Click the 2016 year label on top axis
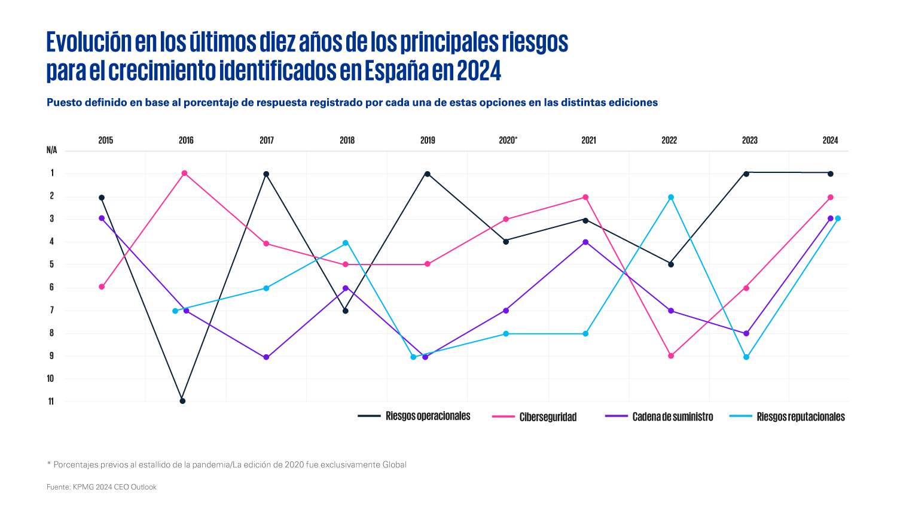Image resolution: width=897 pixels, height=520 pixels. click(186, 141)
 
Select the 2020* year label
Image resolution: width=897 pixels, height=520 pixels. click(508, 141)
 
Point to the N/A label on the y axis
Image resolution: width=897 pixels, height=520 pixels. click(52, 150)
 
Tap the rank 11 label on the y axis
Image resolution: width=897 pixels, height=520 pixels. click(51, 402)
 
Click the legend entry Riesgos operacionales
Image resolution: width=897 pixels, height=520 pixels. click(428, 416)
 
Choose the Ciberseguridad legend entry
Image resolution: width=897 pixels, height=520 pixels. click(548, 417)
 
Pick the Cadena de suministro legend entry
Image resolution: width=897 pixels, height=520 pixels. click(672, 417)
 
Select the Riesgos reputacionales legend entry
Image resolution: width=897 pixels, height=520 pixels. click(800, 417)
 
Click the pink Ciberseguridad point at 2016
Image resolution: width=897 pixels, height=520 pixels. click(184, 173)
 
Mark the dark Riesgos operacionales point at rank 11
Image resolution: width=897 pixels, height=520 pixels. click(182, 401)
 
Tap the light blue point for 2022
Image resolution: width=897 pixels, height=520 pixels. click(671, 197)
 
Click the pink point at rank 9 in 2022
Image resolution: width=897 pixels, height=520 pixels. click(671, 356)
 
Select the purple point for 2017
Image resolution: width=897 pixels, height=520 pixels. click(266, 357)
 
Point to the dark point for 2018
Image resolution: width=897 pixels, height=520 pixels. click(345, 311)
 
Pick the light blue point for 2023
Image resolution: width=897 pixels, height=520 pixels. click(746, 357)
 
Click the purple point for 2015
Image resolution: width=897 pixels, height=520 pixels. click(102, 218)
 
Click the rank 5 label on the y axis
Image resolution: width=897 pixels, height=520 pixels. click(52, 264)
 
